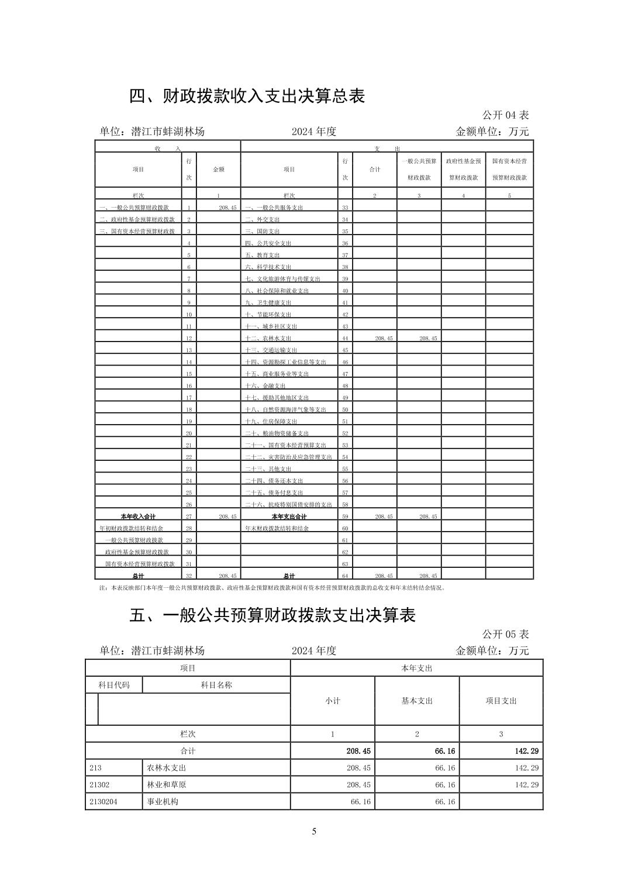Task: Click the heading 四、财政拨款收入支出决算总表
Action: [247, 96]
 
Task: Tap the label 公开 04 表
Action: [505, 115]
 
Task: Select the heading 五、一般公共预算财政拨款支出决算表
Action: [272, 615]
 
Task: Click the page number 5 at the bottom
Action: [314, 831]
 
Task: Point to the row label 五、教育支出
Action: [262, 255]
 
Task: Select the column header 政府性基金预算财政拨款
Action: [463, 169]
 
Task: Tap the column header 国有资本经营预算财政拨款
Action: [509, 169]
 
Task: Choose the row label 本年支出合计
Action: [289, 516]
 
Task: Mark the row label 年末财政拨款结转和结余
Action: [277, 528]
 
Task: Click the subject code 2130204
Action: [103, 801]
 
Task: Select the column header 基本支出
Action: [416, 701]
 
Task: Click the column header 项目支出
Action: [501, 701]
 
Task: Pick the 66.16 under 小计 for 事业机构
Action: [360, 802]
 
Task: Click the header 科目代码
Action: [113, 685]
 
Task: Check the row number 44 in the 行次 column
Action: [345, 339]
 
